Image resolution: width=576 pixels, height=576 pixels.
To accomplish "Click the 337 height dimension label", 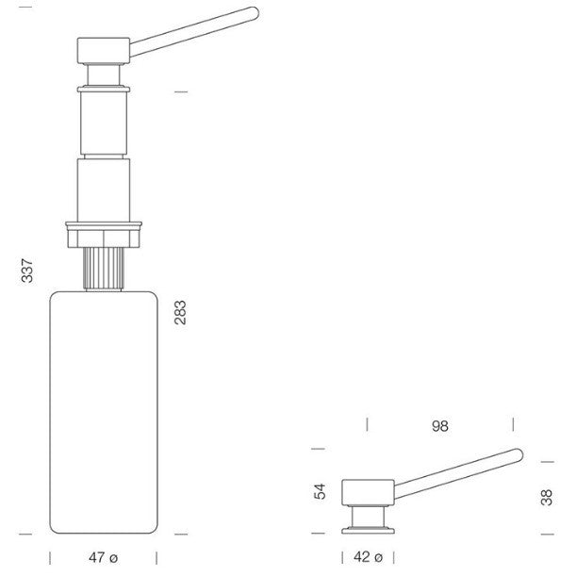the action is pos(26,271).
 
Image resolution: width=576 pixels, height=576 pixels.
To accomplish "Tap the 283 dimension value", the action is pos(180,313).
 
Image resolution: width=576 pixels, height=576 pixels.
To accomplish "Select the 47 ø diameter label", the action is pos(103,558).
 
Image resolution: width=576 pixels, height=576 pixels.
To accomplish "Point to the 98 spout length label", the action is pos(440,426).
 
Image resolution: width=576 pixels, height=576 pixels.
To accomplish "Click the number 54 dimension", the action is pos(320,491).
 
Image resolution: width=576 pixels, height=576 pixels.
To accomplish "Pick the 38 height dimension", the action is pos(547,498).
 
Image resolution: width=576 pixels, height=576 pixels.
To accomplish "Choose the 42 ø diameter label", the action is pos(368,557).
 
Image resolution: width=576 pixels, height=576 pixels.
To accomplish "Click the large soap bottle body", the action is pos(104,412).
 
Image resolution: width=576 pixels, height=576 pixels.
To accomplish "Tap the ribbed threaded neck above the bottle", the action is pos(104,268).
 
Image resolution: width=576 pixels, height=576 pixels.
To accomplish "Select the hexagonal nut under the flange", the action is pos(104,239).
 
